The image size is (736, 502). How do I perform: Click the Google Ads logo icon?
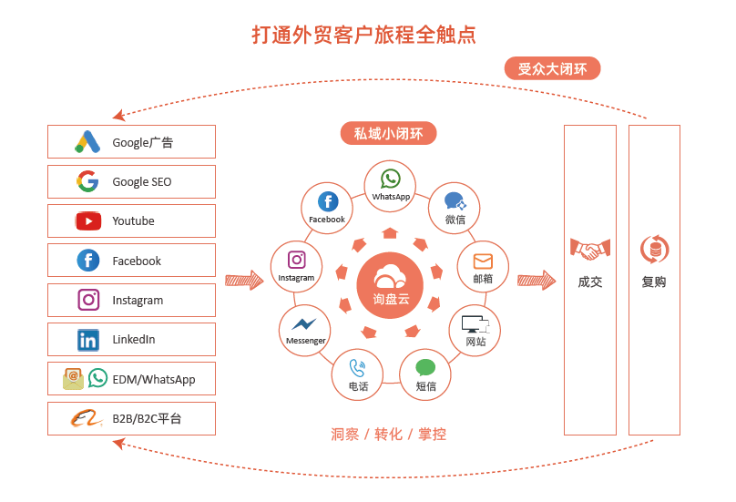click(87, 142)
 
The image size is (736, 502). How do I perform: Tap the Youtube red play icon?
click(88, 220)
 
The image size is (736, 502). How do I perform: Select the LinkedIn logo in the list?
click(88, 340)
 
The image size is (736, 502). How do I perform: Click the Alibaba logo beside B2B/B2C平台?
click(87, 418)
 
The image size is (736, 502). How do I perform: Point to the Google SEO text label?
click(142, 181)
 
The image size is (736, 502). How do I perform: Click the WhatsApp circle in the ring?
click(390, 186)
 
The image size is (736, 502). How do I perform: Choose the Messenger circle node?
click(305, 330)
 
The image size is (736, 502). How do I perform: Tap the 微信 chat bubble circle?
click(455, 209)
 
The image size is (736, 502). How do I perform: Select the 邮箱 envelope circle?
click(483, 267)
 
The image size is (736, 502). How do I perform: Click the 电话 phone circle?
click(358, 374)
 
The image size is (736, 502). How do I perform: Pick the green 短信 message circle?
click(425, 374)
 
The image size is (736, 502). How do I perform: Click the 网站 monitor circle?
click(475, 330)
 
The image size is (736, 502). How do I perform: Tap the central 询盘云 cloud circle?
click(390, 285)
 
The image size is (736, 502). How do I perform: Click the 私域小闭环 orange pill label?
click(389, 133)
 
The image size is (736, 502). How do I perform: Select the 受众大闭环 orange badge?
click(553, 68)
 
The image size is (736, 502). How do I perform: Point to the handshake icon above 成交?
click(590, 249)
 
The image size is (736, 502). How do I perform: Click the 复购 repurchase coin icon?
click(654, 249)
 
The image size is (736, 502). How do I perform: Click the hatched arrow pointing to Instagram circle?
click(244, 281)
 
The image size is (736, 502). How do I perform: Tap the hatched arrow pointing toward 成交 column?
click(537, 281)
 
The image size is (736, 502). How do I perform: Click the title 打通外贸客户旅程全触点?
click(364, 35)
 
